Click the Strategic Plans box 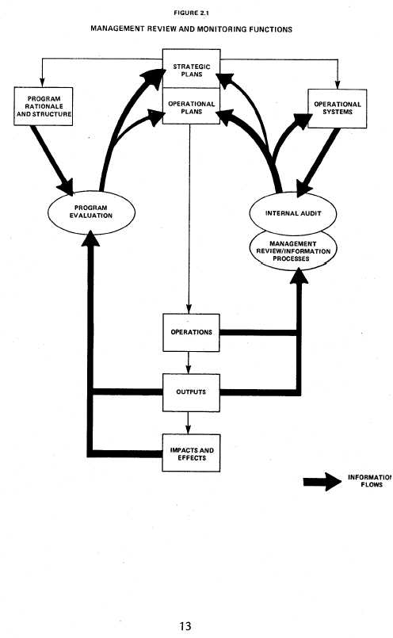click(190, 69)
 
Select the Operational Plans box click(190, 107)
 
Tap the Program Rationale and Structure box click(44, 107)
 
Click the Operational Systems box click(337, 108)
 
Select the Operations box click(191, 332)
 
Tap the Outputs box click(191, 392)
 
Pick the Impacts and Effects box click(191, 453)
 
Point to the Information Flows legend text click(369, 481)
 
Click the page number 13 click(185, 625)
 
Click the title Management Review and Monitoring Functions click(191, 29)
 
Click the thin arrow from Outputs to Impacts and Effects click(189, 422)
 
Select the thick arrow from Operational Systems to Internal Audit click(318, 162)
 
